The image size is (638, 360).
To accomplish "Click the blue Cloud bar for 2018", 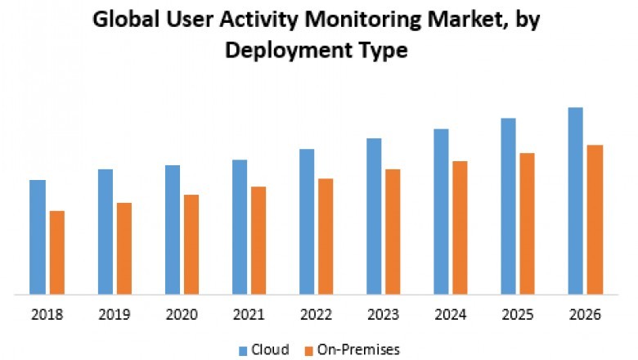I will click(38, 236).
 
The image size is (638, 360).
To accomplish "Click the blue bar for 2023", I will click(374, 216).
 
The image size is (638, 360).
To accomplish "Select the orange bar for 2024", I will click(460, 227).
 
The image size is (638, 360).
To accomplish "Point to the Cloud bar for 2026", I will click(576, 200).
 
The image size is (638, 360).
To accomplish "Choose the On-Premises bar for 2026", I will click(595, 219).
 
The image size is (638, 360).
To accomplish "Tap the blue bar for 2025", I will click(508, 205).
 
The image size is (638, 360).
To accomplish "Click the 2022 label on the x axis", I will click(316, 315).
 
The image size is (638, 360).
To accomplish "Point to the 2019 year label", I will click(114, 315).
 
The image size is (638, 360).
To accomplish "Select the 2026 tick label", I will click(585, 315).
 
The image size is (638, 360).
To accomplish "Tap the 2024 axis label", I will click(451, 315).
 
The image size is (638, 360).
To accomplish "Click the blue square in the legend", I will click(244, 350).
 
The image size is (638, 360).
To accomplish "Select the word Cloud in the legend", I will click(271, 349).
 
